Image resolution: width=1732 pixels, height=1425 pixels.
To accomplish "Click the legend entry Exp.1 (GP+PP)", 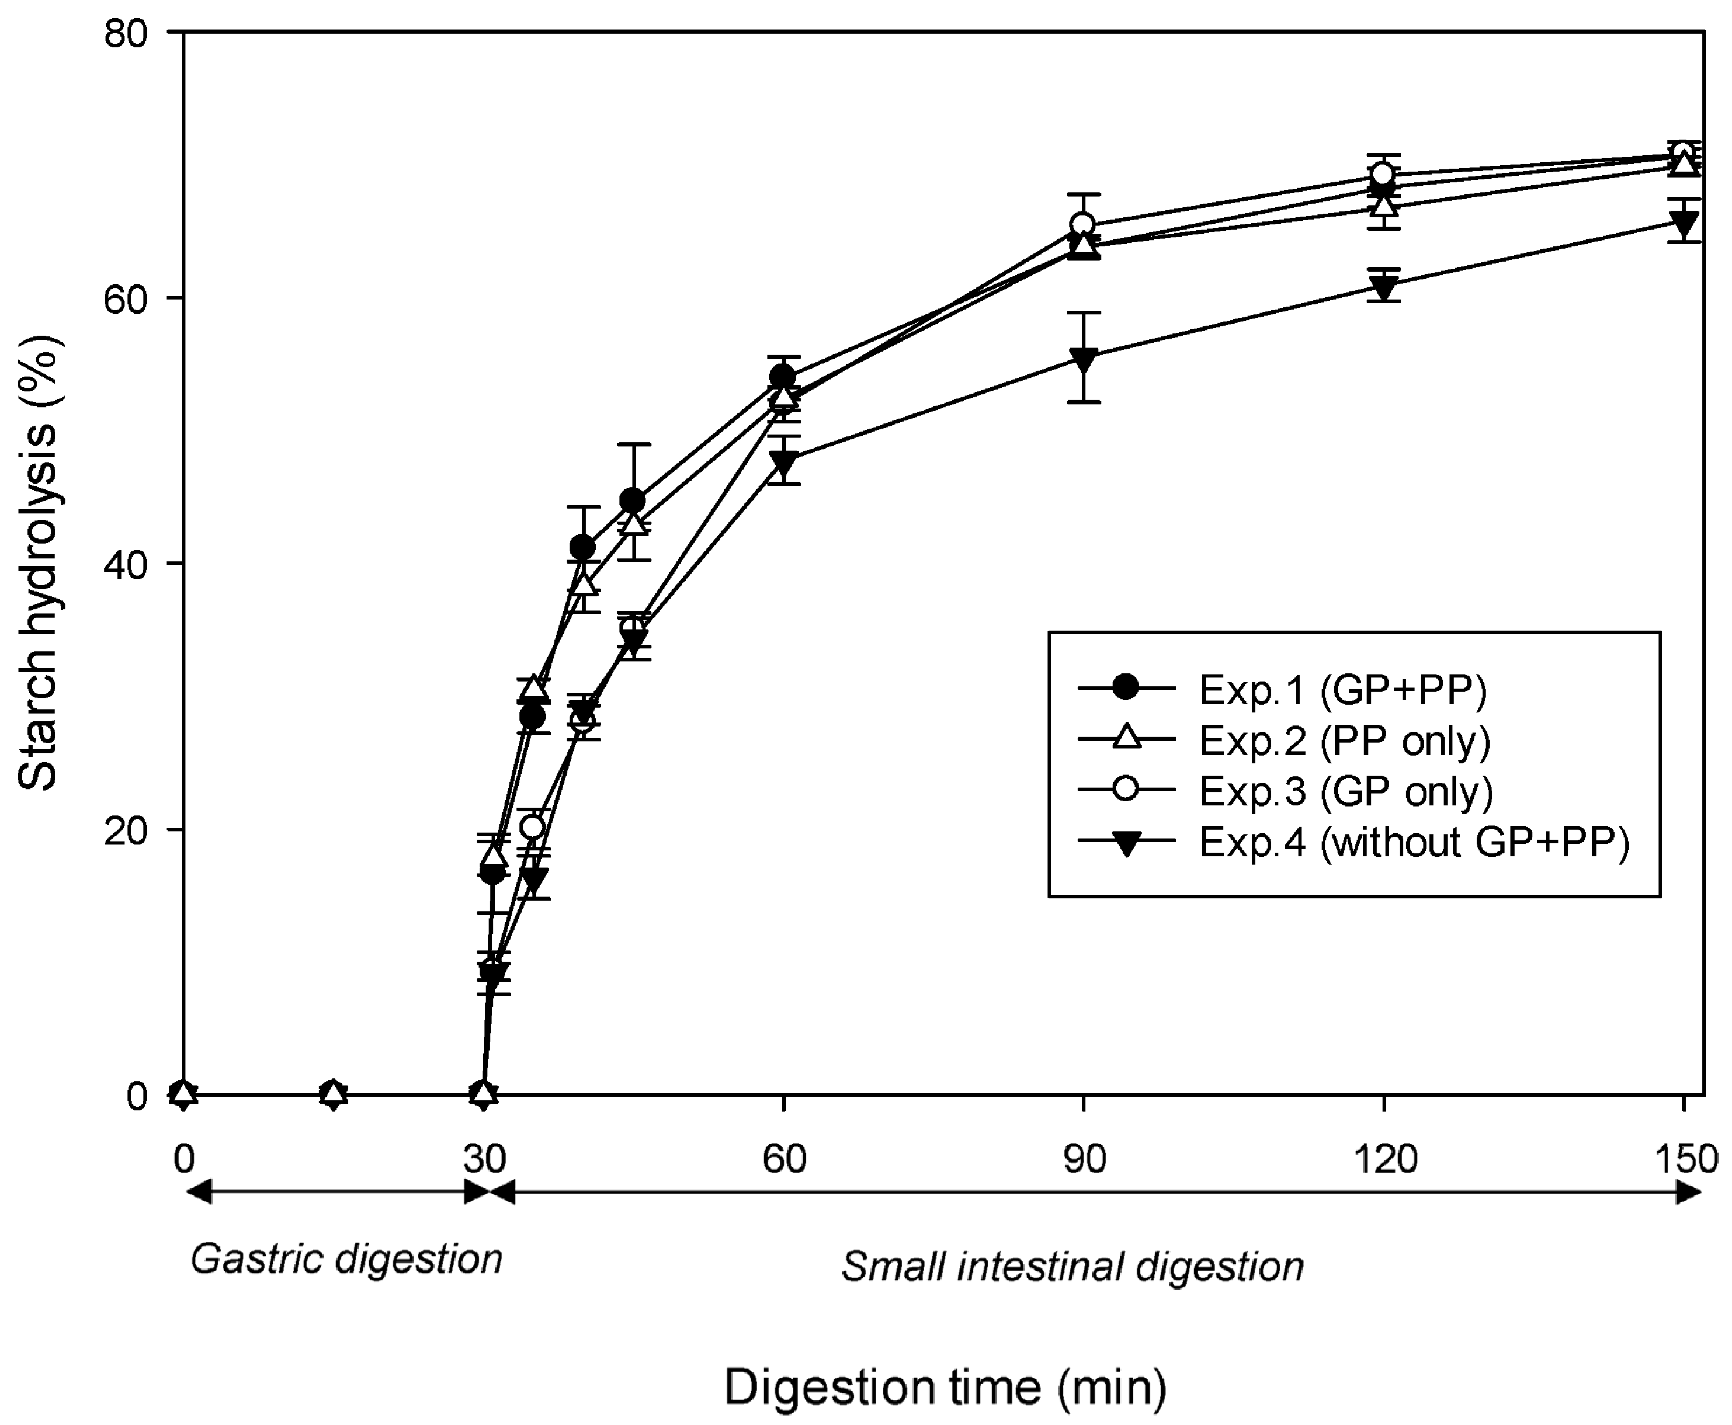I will [x=1342, y=690].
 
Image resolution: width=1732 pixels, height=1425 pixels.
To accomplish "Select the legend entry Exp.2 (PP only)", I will [x=1344, y=741].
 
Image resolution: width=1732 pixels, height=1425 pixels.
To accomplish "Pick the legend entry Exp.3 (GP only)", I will [x=1345, y=791].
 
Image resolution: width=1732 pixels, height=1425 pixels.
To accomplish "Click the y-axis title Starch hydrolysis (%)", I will [x=38, y=563].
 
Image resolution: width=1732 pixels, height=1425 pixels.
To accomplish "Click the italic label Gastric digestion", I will [x=346, y=1259].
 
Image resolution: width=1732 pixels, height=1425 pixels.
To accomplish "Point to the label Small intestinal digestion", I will [x=1072, y=1267].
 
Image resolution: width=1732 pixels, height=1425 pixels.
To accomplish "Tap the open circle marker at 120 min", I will [x=1383, y=174].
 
